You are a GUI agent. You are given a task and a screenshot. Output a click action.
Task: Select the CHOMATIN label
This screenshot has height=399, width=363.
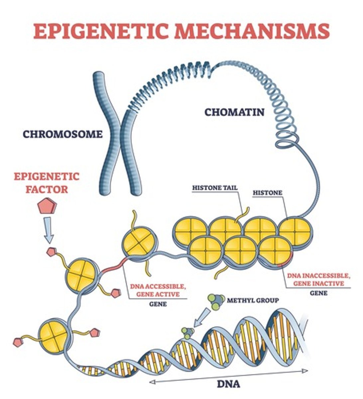pyautogui.click(x=234, y=112)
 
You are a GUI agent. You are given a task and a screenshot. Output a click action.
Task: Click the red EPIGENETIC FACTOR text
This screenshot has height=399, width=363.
pyautogui.click(x=47, y=183)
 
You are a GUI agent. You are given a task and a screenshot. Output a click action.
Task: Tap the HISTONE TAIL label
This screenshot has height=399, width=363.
pyautogui.click(x=215, y=188)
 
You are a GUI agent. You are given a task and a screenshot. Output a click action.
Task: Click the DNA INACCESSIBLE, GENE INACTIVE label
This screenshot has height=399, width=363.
pyautogui.click(x=319, y=279)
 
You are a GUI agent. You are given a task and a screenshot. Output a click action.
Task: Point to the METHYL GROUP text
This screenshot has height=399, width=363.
pyautogui.click(x=253, y=301)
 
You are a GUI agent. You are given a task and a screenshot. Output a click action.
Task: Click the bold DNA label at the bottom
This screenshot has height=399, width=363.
pyautogui.click(x=228, y=384)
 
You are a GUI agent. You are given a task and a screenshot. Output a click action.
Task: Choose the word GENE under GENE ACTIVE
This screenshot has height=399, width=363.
pyautogui.click(x=158, y=304)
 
